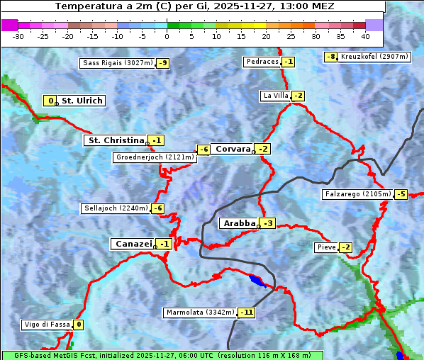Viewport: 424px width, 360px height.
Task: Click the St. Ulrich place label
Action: [x=82, y=101]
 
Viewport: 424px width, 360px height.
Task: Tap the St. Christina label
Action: [x=116, y=140]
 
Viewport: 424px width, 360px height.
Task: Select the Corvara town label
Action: [x=233, y=149]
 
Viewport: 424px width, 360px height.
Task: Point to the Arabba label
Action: [x=238, y=223]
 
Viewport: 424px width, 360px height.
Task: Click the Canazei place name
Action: [x=132, y=244]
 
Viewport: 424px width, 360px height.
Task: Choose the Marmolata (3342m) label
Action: [x=199, y=313]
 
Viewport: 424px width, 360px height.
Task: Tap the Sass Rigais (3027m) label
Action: [x=118, y=63]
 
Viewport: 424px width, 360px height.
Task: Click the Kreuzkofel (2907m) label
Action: [x=374, y=57]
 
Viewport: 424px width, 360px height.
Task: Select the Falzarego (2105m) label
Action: [x=357, y=194]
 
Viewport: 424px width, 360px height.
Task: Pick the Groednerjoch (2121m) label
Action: [x=154, y=157]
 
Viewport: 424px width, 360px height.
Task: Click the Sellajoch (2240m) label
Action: [x=116, y=208]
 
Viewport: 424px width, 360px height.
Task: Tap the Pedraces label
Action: [x=262, y=62]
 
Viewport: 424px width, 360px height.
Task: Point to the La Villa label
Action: [x=275, y=96]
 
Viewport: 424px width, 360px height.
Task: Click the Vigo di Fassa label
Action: [x=48, y=325]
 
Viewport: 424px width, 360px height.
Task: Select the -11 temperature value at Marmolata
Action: [x=246, y=313]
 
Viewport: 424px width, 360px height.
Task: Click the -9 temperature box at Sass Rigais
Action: [x=163, y=63]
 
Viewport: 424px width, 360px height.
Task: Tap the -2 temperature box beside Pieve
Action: [x=345, y=247]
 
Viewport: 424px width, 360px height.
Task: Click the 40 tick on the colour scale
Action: [x=365, y=35]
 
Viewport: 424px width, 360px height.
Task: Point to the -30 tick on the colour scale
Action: [x=18, y=35]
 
